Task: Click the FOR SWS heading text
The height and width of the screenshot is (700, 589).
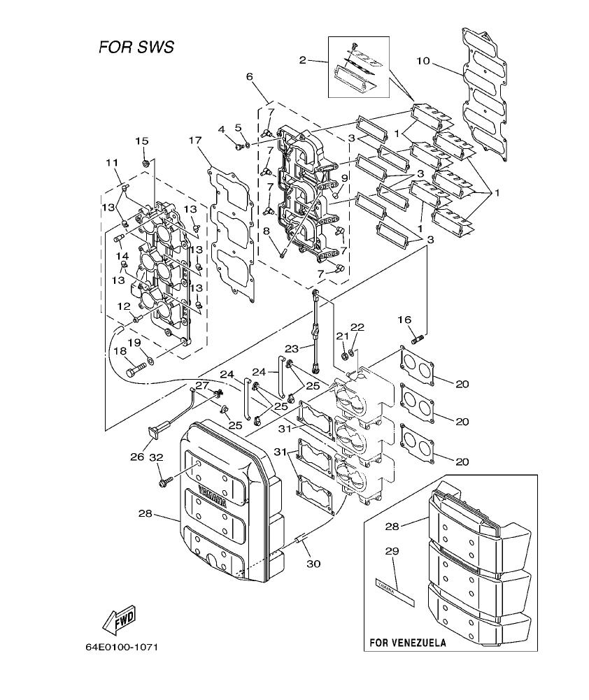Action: click(136, 48)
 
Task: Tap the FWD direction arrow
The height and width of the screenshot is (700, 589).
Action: click(119, 618)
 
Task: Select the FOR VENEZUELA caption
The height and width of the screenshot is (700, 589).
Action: click(407, 641)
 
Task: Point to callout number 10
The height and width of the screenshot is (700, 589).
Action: click(423, 61)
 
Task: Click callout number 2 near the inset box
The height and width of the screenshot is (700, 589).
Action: click(303, 60)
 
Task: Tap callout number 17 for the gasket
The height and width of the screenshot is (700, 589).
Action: click(195, 140)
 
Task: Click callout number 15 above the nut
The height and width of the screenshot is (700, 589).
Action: click(142, 141)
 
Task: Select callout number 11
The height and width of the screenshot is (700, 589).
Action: click(112, 163)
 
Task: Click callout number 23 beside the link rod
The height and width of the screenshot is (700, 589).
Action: click(292, 348)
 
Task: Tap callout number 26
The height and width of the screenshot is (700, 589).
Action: click(137, 457)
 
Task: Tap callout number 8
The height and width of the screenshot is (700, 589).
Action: click(266, 231)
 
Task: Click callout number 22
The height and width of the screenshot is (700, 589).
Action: click(357, 327)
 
